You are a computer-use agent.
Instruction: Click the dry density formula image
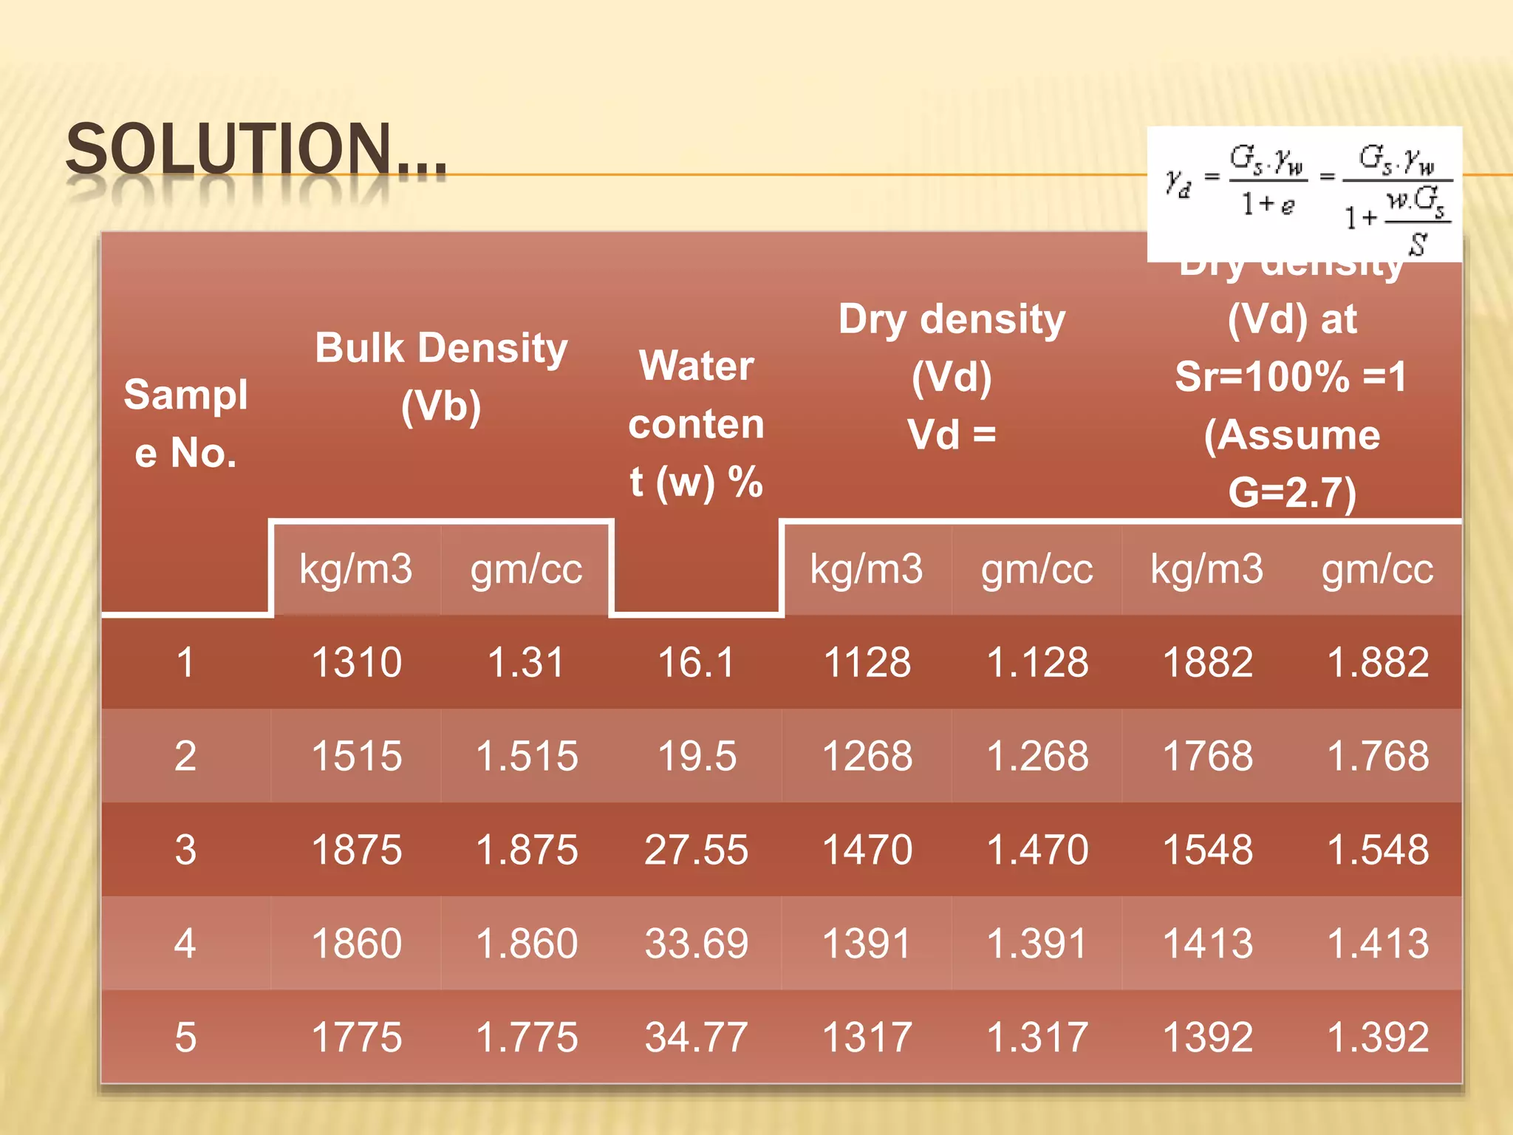1304,194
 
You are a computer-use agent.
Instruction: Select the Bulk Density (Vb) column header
441,376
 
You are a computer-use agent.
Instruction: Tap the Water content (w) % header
696,423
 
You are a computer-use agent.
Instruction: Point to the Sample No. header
185,423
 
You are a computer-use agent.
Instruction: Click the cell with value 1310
356,662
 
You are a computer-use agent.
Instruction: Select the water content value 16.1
696,662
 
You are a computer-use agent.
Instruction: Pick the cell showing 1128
867,662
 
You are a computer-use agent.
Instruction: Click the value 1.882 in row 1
1377,662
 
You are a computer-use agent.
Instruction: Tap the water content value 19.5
696,756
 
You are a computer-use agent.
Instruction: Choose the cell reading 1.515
526,756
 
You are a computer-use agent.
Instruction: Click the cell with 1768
1207,756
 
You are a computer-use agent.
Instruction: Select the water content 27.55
696,850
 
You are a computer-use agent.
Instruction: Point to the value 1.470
1036,850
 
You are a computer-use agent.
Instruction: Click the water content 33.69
696,944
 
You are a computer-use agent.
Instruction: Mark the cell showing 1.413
1377,944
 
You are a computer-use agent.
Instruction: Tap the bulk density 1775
356,1037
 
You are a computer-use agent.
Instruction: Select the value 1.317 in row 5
1036,1037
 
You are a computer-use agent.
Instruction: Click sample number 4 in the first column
185,944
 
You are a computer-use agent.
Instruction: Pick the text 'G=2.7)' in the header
1292,492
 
